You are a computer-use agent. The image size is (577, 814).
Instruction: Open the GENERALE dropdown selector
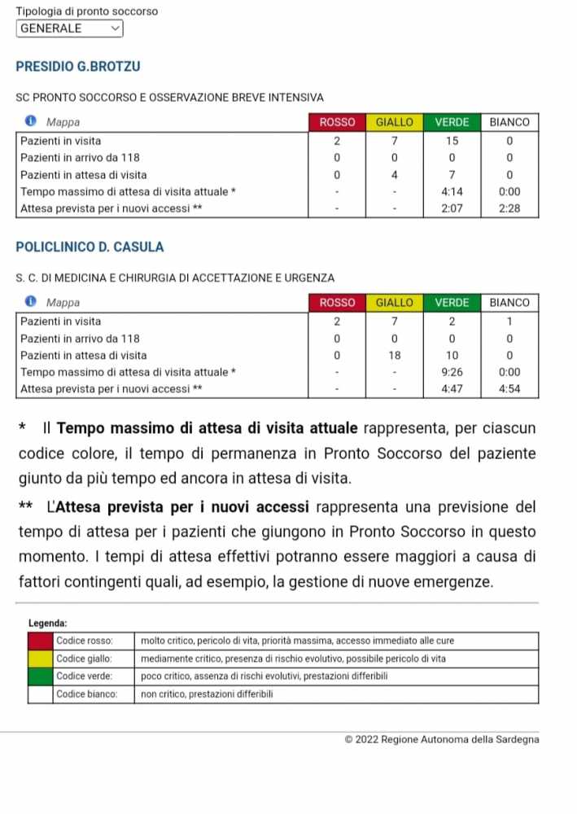pyautogui.click(x=69, y=28)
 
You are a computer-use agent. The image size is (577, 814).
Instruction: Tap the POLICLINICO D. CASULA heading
pyautogui.click(x=90, y=247)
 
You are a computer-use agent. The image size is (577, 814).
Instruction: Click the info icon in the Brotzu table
pyautogui.click(x=31, y=122)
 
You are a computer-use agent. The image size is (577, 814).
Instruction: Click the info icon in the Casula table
pyautogui.click(x=31, y=303)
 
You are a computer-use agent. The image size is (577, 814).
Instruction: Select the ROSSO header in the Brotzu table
pyautogui.click(x=337, y=122)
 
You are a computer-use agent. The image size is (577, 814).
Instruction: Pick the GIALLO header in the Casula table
pyautogui.click(x=394, y=303)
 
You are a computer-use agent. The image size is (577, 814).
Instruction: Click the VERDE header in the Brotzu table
pyautogui.click(x=452, y=122)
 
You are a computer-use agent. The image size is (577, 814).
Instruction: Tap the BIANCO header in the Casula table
pyautogui.click(x=509, y=303)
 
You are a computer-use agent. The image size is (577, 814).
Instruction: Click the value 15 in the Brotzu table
pyautogui.click(x=452, y=141)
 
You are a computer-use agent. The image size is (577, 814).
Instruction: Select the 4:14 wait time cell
pyautogui.click(x=452, y=192)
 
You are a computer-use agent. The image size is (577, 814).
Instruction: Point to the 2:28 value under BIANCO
pyautogui.click(x=509, y=209)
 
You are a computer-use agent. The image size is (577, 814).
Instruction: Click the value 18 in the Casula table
pyautogui.click(x=394, y=356)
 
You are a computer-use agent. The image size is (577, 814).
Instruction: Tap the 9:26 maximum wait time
pyautogui.click(x=452, y=373)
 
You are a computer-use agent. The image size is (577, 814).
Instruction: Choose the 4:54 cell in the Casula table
pyautogui.click(x=509, y=390)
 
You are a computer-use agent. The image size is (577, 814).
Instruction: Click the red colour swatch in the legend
pyautogui.click(x=40, y=641)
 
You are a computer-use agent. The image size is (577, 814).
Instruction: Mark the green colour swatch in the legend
pyautogui.click(x=40, y=676)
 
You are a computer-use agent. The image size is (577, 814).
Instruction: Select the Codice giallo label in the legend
pyautogui.click(x=84, y=659)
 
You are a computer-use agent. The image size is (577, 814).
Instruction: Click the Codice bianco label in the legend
pyautogui.click(x=86, y=694)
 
